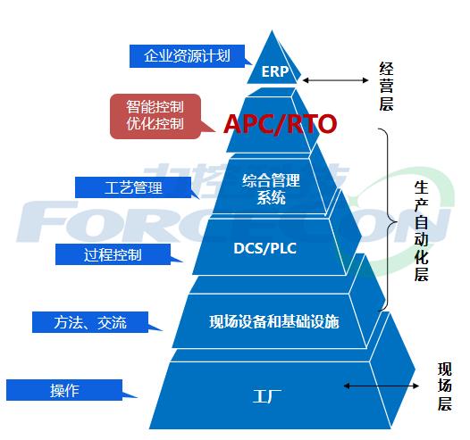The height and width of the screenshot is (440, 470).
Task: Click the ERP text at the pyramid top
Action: click(x=275, y=71)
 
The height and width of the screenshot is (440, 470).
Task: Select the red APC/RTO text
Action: click(x=280, y=124)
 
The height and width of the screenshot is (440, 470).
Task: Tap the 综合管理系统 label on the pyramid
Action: click(x=271, y=189)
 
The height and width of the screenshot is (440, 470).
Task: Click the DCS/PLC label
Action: click(x=264, y=248)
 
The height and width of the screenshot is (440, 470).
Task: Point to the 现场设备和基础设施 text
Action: click(x=274, y=322)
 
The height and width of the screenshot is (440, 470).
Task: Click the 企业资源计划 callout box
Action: click(x=187, y=56)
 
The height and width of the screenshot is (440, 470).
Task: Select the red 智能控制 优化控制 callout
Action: click(x=155, y=116)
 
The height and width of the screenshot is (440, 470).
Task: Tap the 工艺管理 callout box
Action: click(x=133, y=187)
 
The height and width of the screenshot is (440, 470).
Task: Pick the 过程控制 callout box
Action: click(x=113, y=254)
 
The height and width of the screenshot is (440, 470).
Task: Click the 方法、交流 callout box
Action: click(x=90, y=322)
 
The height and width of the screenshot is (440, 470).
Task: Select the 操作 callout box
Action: click(x=64, y=390)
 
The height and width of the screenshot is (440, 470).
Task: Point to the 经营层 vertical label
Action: click(x=386, y=87)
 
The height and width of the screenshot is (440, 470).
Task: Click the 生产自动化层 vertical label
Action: click(x=421, y=231)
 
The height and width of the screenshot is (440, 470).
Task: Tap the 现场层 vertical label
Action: click(x=444, y=386)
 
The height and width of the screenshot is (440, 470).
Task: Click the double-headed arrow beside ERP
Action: click(x=335, y=80)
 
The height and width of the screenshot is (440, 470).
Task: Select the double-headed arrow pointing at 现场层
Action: click(x=381, y=386)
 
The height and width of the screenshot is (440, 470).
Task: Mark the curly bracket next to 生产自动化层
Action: click(x=390, y=220)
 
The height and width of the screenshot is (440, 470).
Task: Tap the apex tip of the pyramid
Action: click(x=273, y=30)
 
